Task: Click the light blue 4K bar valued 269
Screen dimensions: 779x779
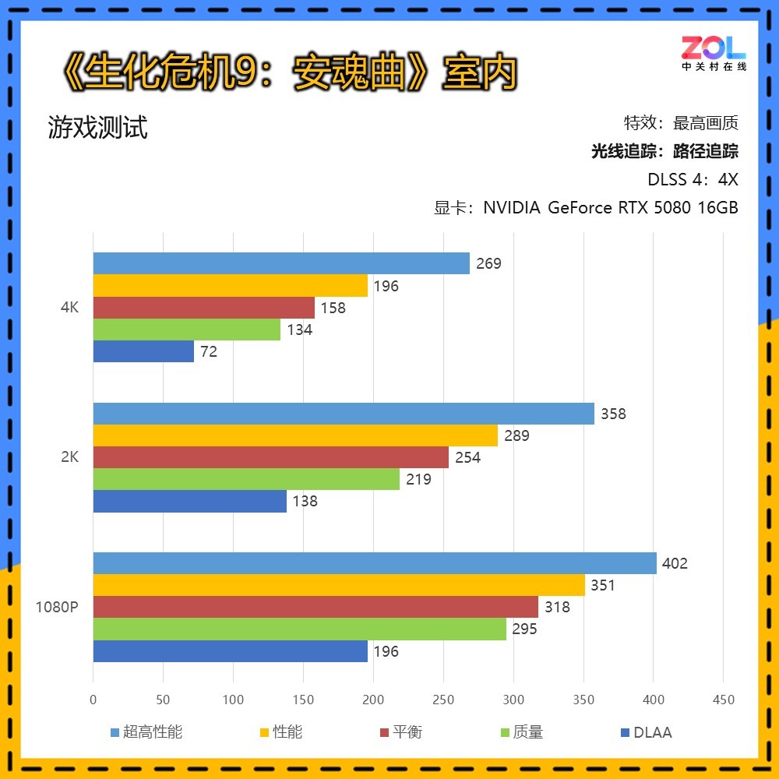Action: (281, 263)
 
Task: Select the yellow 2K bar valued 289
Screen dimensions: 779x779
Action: (295, 435)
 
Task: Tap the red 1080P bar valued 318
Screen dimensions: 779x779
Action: (315, 607)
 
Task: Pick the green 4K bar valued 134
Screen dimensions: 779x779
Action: (187, 330)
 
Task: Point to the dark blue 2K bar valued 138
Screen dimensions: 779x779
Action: (190, 501)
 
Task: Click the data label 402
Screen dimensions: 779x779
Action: (675, 563)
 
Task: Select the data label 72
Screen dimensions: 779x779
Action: (208, 351)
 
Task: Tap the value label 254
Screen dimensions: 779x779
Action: (467, 457)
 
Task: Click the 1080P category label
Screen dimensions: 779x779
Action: (57, 607)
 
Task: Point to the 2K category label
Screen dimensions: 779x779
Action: (69, 457)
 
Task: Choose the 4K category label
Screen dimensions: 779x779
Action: (69, 307)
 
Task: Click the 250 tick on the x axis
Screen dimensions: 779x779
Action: (443, 700)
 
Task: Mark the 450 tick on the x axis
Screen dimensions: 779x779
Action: (724, 700)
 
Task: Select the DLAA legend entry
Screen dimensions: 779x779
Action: (647, 732)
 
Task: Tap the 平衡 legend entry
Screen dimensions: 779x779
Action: (401, 732)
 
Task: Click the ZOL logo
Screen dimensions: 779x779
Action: (714, 52)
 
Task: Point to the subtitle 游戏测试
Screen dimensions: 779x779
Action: (97, 127)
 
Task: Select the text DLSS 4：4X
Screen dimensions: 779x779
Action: (693, 179)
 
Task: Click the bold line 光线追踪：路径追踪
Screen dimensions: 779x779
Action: (664, 151)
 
